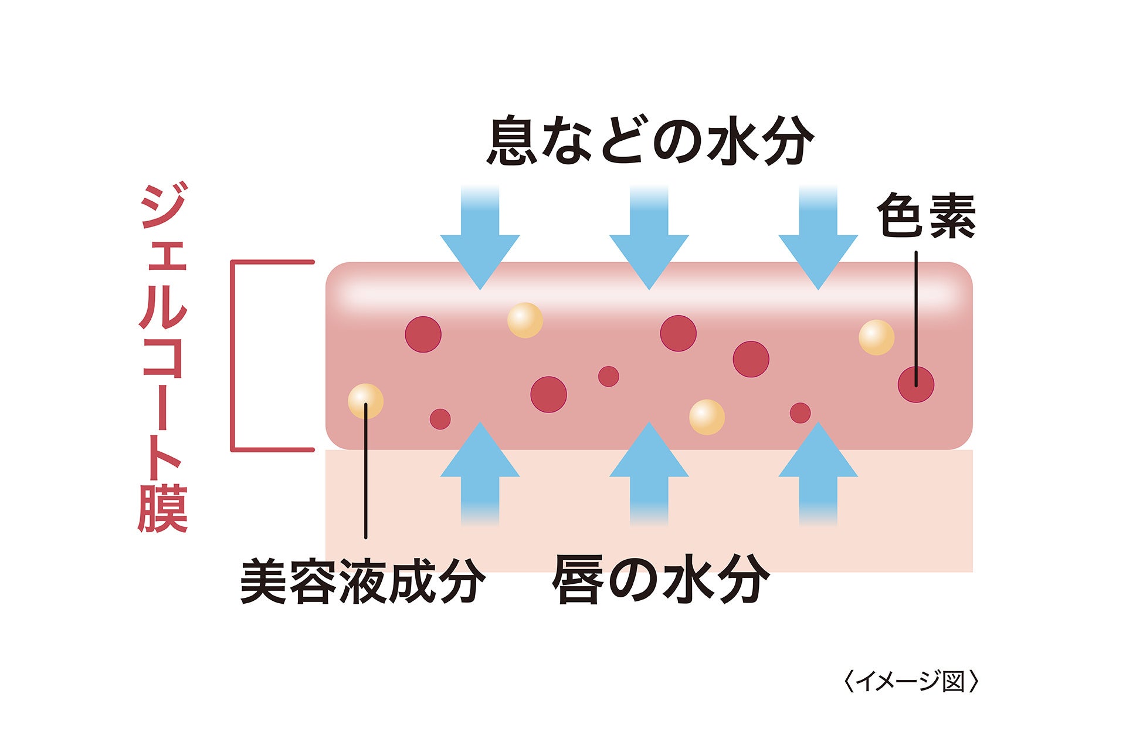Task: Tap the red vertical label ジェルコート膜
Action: pyautogui.click(x=163, y=358)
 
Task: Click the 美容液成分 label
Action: pyautogui.click(x=362, y=581)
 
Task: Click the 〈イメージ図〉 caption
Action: pyautogui.click(x=911, y=682)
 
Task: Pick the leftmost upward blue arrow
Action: pyautogui.click(x=480, y=469)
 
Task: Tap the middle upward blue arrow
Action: pyautogui.click(x=649, y=469)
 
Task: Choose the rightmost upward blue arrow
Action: pyautogui.click(x=818, y=469)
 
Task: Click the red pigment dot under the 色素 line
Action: pyautogui.click(x=915, y=385)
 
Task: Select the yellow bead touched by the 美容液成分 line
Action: pyautogui.click(x=365, y=401)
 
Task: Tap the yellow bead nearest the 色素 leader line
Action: pyautogui.click(x=876, y=337)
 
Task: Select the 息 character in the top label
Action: pyautogui.click(x=512, y=141)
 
